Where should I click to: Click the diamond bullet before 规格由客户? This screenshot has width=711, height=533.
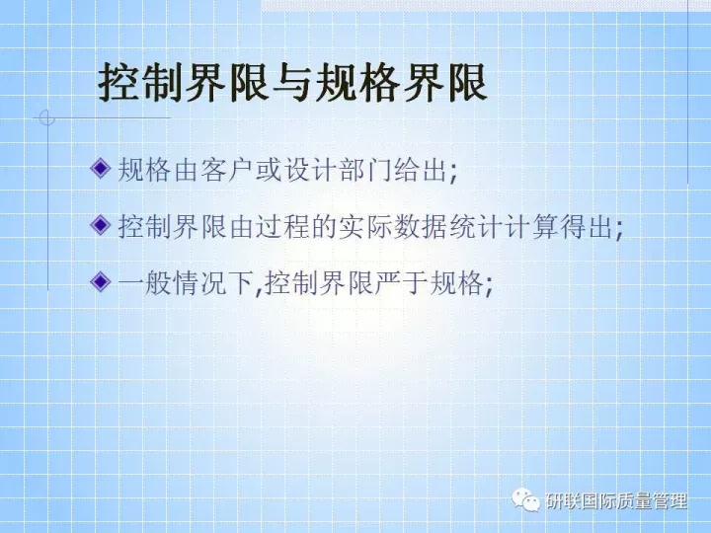pos(99,168)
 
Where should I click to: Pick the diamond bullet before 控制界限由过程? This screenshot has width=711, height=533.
pos(99,226)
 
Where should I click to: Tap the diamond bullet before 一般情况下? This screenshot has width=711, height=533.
pos(99,283)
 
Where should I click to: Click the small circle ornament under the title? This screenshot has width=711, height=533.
pos(45,118)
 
